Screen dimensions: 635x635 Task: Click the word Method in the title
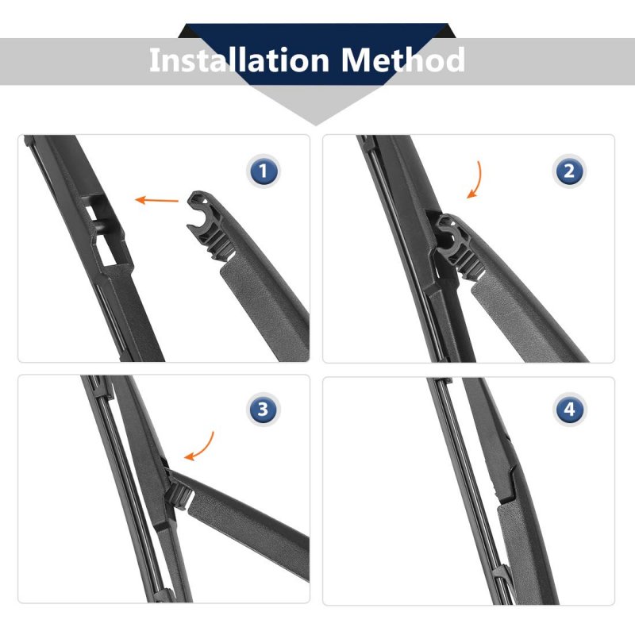pyautogui.click(x=402, y=60)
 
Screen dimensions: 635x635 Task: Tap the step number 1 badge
pyautogui.click(x=264, y=171)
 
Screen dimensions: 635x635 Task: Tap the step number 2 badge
pyautogui.click(x=569, y=171)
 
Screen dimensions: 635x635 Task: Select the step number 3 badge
pyautogui.click(x=264, y=409)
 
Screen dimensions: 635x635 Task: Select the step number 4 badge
pyautogui.click(x=569, y=409)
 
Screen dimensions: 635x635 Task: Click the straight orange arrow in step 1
pyautogui.click(x=156, y=200)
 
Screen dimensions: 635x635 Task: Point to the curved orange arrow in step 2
pyautogui.click(x=475, y=179)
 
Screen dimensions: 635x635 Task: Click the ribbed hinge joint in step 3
pyautogui.click(x=179, y=495)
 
